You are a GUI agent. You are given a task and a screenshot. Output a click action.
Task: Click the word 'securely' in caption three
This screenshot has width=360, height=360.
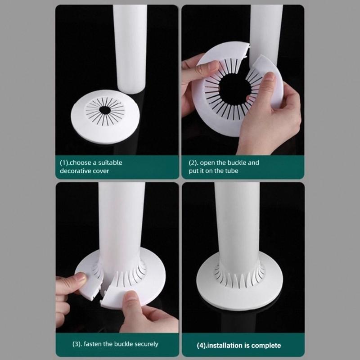144,344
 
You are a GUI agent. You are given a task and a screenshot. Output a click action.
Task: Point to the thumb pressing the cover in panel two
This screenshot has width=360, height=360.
268,81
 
